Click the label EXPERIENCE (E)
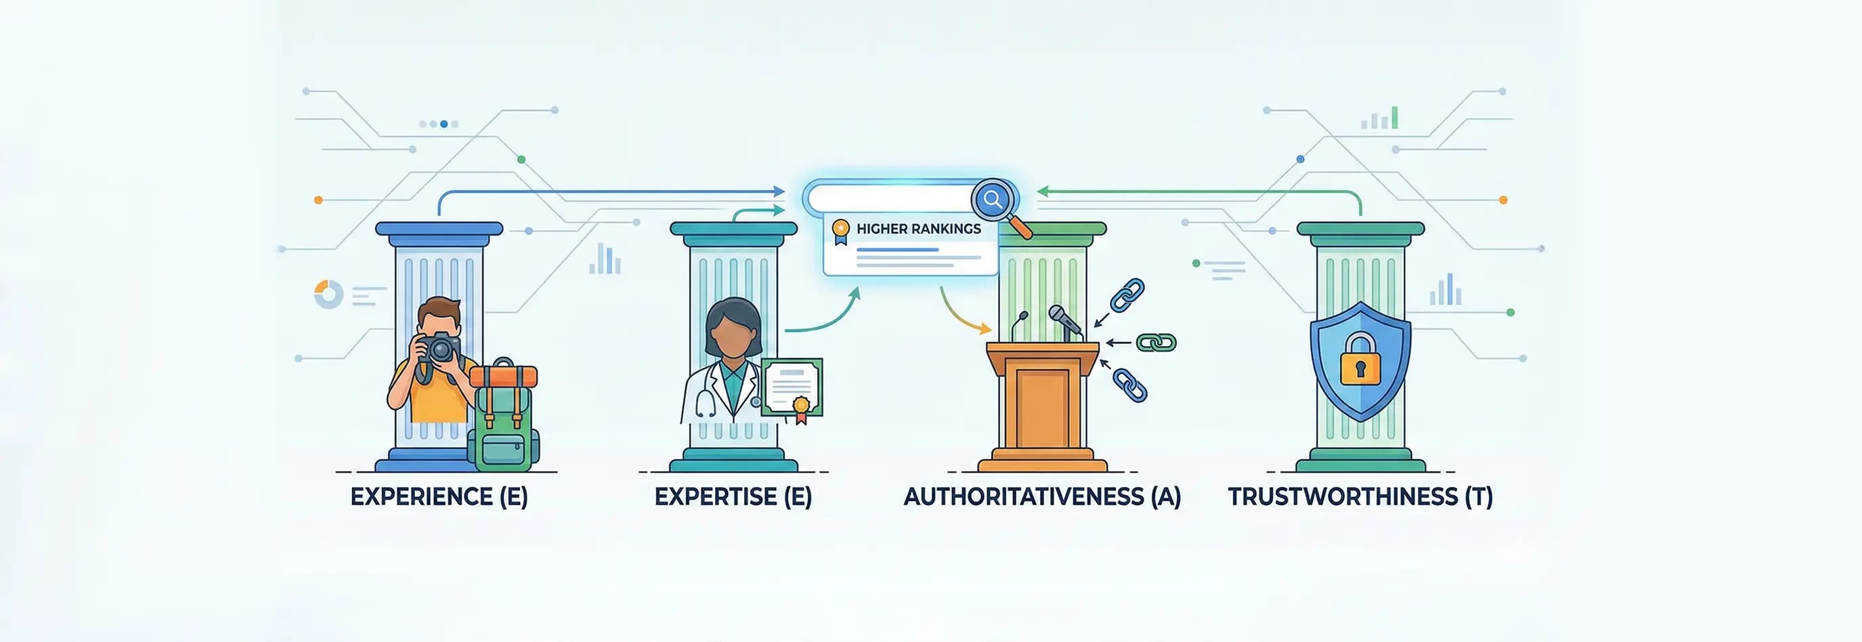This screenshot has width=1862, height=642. [x=439, y=496]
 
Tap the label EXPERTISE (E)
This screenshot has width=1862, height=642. [x=733, y=496]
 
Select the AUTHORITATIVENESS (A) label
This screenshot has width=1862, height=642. [x=1041, y=496]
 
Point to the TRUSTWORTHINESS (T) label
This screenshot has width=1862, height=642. [x=1360, y=496]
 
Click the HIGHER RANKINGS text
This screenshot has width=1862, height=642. [x=918, y=228]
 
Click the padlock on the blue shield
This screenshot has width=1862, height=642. [x=1360, y=360]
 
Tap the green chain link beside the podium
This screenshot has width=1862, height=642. [x=1156, y=342]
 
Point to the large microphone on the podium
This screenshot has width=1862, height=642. [x=1066, y=321]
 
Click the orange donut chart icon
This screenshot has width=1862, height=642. [x=328, y=294]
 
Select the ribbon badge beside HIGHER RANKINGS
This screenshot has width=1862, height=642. [x=840, y=232]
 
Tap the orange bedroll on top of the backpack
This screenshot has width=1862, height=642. [x=503, y=376]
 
